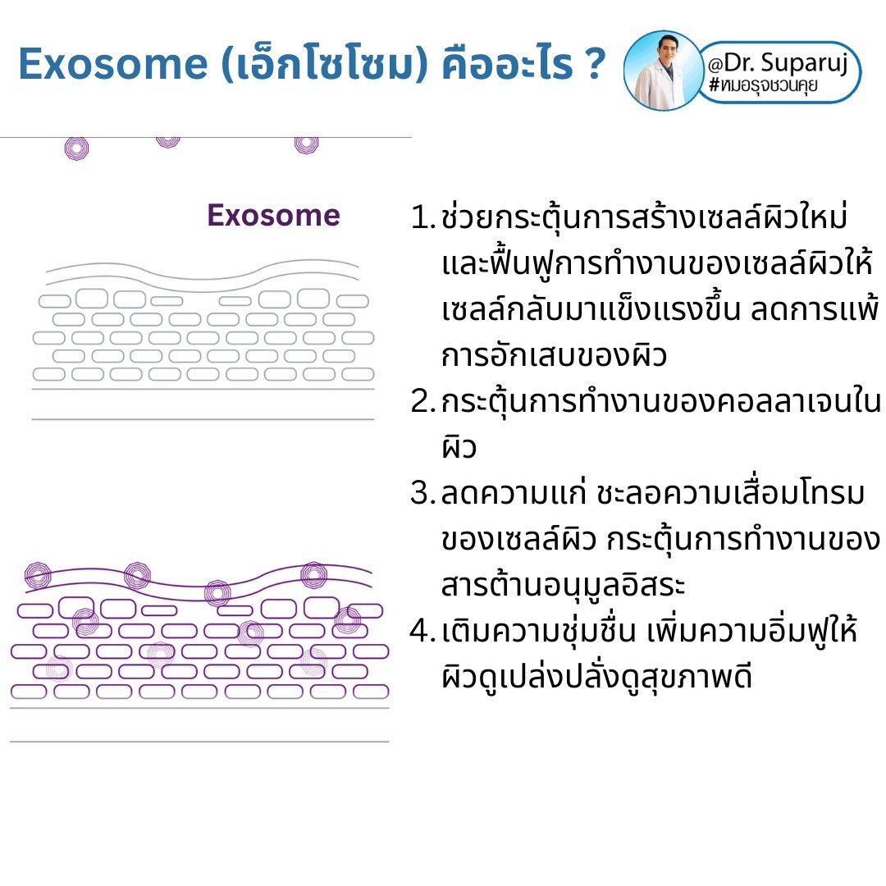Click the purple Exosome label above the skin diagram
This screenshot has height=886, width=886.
(273, 215)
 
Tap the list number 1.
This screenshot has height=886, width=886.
(421, 219)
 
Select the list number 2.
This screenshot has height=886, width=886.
(421, 403)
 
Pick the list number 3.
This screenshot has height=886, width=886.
(421, 495)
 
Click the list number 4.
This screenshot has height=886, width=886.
(421, 633)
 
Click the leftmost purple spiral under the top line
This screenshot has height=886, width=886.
(76, 148)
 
